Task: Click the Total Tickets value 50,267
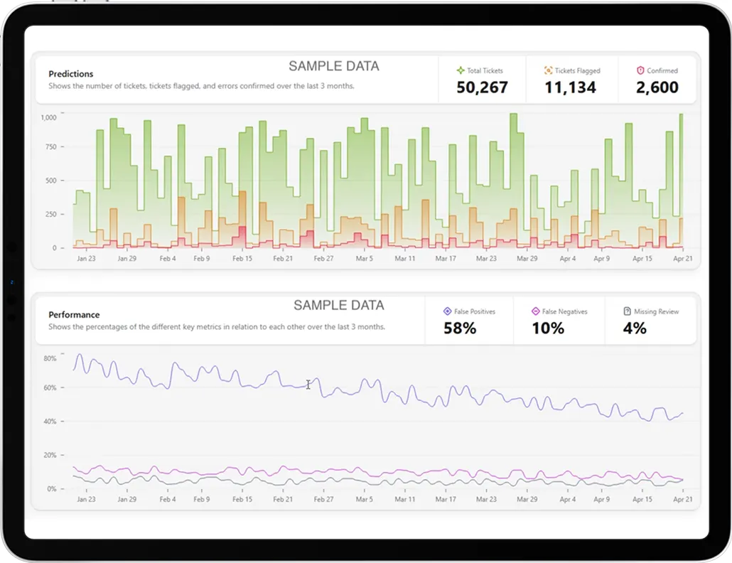coord(482,87)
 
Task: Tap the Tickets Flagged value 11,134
coord(570,87)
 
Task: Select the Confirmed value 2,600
coord(657,87)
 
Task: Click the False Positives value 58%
coord(460,328)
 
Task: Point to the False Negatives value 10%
coord(547,328)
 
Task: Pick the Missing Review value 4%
coord(634,328)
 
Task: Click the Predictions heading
coord(70,74)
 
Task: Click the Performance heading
coord(73,314)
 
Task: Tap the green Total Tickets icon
coord(461,70)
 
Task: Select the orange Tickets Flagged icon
coord(548,70)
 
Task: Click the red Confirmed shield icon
coord(640,70)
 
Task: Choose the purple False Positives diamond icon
coord(447,311)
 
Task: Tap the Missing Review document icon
coord(627,311)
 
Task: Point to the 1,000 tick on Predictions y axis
coord(48,117)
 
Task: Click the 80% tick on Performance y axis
coord(49,358)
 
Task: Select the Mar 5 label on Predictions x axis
coord(364,259)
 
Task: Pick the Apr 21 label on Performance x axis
coord(682,500)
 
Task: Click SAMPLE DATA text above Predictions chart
coord(333,66)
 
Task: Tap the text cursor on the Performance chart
coord(308,385)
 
